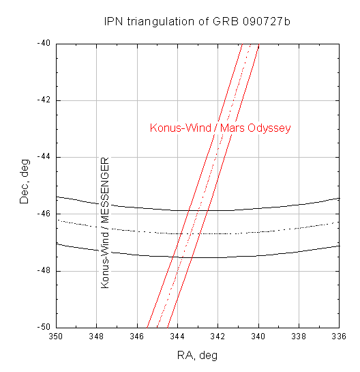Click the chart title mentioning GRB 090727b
[197, 22]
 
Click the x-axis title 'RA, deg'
[197, 356]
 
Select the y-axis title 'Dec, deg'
[25, 182]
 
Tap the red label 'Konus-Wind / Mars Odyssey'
[220, 128]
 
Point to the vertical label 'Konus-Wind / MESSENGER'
[105, 223]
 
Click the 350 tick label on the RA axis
[56, 337]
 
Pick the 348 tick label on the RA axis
[96, 337]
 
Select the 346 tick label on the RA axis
[137, 337]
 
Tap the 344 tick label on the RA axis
[177, 337]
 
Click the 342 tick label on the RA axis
[217, 337]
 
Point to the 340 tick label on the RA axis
[258, 337]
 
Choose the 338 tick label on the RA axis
[299, 337]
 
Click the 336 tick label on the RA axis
[339, 337]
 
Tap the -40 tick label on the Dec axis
[44, 44]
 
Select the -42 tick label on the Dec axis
[44, 100]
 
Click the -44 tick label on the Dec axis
[44, 157]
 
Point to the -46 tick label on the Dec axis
[44, 214]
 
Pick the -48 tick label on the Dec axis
[44, 270]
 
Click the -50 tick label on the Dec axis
[44, 327]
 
